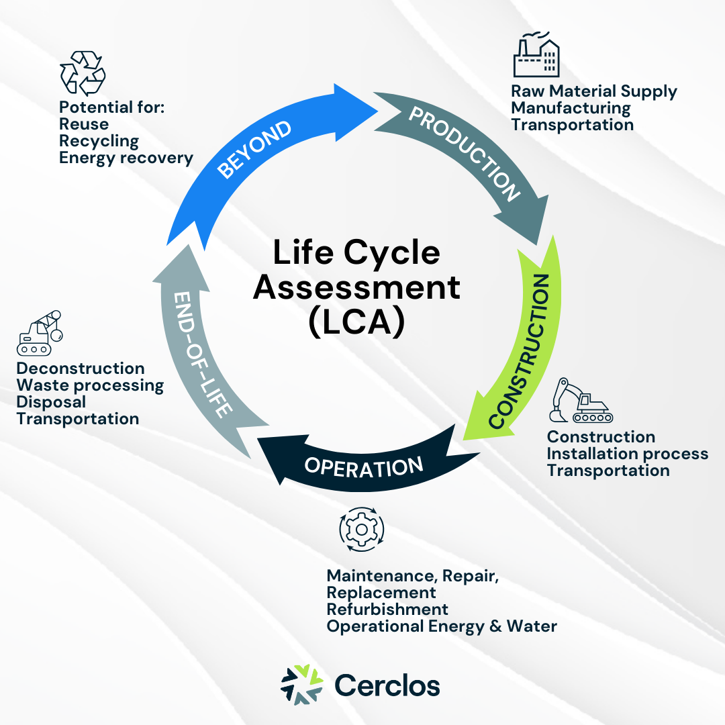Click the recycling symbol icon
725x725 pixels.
83,72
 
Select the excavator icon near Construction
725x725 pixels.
579,401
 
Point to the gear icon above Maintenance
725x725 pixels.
362,529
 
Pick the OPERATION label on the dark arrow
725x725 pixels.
364,465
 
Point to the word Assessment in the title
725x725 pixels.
356,287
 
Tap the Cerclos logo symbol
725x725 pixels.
301,684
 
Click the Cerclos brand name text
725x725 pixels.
387,685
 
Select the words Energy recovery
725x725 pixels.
126,158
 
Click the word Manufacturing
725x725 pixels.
571,108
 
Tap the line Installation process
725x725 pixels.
627,454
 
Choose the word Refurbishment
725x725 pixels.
387,610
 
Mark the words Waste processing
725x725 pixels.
90,385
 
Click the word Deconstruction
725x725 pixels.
81,369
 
